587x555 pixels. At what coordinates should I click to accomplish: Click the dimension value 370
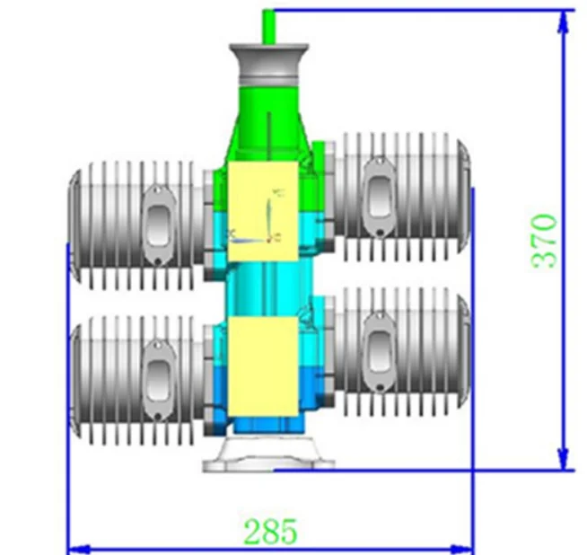pos(545,240)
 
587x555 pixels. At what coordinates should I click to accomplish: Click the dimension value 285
pos(270,531)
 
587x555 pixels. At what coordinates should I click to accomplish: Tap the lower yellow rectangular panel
pos(262,366)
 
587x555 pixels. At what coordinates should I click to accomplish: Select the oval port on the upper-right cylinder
pos(378,192)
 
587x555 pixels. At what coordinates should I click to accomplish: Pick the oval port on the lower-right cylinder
pos(378,348)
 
